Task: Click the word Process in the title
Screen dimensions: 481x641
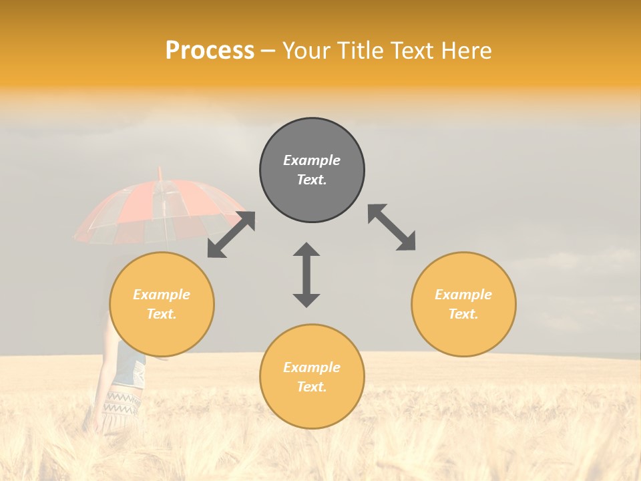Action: pos(210,51)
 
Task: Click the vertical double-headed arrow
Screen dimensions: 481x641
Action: pos(306,275)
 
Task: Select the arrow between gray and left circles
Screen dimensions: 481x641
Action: pos(231,234)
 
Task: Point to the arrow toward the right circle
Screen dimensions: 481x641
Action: pos(392,228)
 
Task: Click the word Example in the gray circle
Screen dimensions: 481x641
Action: pos(312,160)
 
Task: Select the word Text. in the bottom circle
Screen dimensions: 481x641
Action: pos(312,387)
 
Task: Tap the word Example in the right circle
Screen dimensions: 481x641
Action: pos(463,295)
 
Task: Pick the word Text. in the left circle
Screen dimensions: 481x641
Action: pos(162,314)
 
